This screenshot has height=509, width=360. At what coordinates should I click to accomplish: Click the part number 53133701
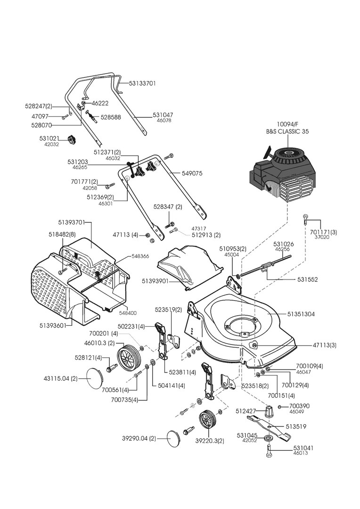(142, 83)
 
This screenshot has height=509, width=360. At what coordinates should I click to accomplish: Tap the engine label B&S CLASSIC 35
(287, 131)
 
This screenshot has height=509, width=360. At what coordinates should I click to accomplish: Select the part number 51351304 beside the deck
(301, 314)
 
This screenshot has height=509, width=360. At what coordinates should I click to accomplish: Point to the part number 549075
(192, 173)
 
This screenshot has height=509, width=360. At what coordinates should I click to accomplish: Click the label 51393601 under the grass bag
(53, 325)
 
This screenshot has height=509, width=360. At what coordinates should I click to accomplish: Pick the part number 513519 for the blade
(296, 427)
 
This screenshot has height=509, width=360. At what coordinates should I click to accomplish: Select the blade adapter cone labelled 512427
(269, 411)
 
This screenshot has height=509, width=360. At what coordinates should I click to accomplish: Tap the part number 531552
(307, 279)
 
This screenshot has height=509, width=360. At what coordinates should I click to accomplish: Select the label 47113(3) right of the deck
(325, 345)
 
